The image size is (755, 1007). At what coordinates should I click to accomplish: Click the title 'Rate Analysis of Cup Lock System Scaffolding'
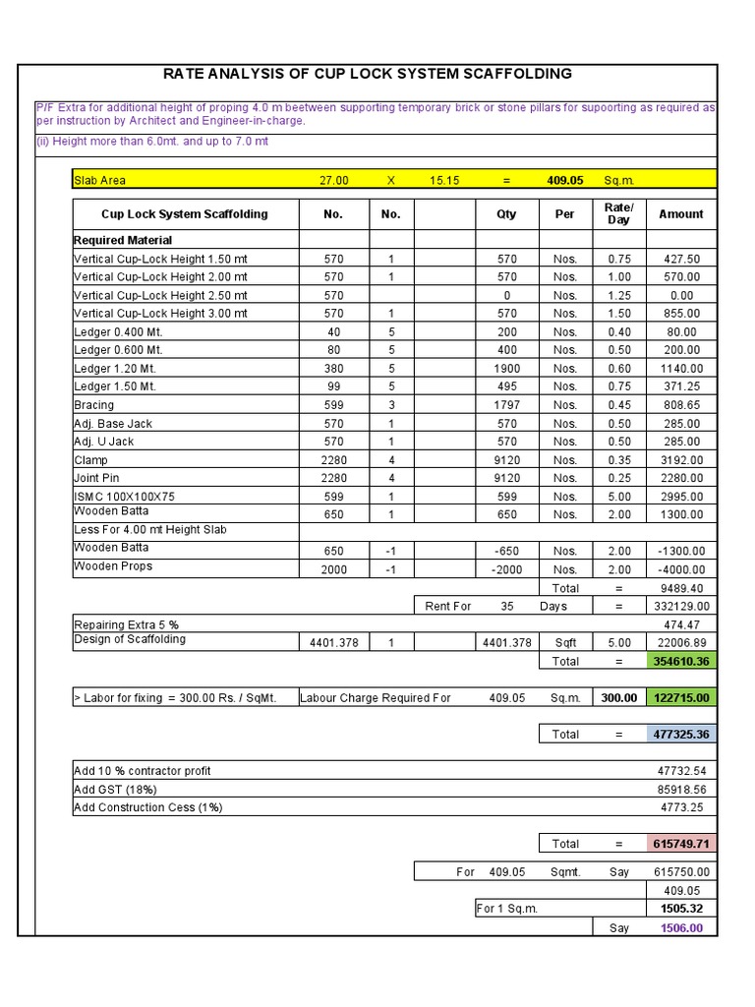click(367, 74)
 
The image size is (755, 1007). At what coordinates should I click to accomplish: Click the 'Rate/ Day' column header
click(619, 213)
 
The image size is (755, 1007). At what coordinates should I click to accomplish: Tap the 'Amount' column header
click(681, 213)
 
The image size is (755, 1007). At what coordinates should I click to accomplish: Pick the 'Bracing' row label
click(94, 405)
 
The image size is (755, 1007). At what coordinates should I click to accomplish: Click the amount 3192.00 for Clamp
click(681, 459)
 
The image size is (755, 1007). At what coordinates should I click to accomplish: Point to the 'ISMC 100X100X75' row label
click(124, 497)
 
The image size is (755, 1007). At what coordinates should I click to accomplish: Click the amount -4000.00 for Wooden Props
click(681, 569)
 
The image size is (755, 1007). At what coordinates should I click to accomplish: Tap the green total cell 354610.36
click(681, 662)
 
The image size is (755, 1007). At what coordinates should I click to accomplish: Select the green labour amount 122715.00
click(681, 698)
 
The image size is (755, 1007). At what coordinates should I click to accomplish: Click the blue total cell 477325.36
click(681, 735)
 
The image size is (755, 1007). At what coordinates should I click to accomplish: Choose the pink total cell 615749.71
click(681, 844)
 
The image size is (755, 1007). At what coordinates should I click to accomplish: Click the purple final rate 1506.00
click(681, 927)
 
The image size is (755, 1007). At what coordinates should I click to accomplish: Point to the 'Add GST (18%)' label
click(116, 790)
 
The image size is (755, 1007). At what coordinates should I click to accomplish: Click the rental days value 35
click(506, 607)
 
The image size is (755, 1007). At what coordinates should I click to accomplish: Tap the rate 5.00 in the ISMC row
click(619, 497)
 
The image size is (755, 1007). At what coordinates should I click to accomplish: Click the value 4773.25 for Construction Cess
click(681, 808)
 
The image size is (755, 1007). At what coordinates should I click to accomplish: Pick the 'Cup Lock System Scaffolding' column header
click(185, 213)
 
